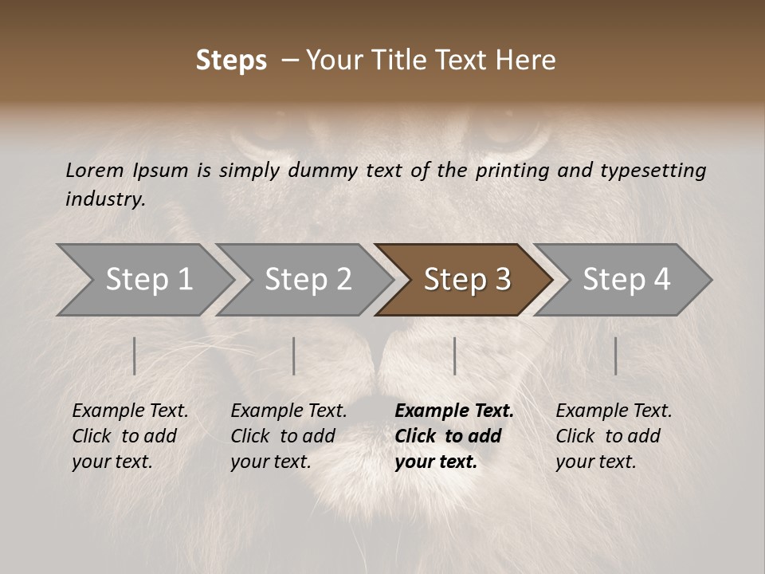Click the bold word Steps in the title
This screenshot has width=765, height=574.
pyautogui.click(x=231, y=61)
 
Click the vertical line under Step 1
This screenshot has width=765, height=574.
pyautogui.click(x=134, y=356)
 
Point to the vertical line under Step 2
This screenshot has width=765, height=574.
pyautogui.click(x=293, y=356)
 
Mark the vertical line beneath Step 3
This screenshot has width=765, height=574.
pyautogui.click(x=454, y=356)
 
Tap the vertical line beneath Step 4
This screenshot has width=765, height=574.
pyautogui.click(x=615, y=356)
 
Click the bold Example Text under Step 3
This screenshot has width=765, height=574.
pyautogui.click(x=453, y=435)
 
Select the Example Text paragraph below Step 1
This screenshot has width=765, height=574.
pyautogui.click(x=130, y=435)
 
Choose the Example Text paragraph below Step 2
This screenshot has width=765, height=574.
pyautogui.click(x=288, y=435)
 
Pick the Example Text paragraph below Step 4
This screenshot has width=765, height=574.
pyautogui.click(x=614, y=435)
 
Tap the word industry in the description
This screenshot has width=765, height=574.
pyautogui.click(x=105, y=199)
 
